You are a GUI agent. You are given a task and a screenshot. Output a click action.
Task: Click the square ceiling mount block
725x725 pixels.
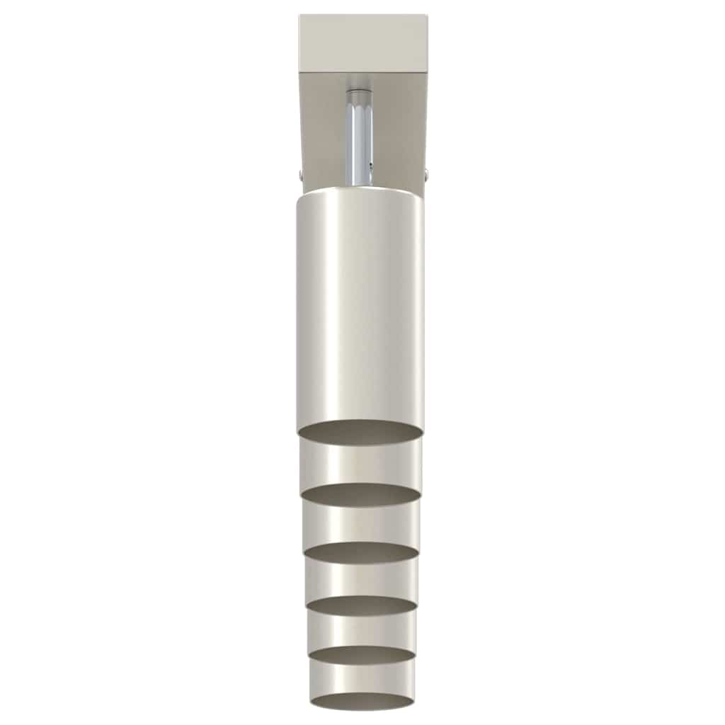tap(362, 42)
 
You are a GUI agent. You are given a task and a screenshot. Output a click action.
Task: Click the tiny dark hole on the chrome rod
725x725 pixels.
tap(370, 164)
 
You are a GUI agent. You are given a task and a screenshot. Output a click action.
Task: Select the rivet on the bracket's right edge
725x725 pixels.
tap(426, 172)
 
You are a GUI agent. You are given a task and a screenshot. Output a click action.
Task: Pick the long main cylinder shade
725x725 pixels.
tap(361, 304)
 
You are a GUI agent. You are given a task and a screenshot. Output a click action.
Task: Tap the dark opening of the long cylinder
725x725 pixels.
tap(361, 432)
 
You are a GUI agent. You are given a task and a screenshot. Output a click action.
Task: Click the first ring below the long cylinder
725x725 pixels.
tap(361, 464)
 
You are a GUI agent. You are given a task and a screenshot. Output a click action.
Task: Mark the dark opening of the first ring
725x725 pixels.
tap(361, 494)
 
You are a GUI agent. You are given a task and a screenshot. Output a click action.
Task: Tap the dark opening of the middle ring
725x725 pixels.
tap(361, 605)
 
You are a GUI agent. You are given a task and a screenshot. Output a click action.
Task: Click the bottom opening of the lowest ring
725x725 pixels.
tap(361, 701)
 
